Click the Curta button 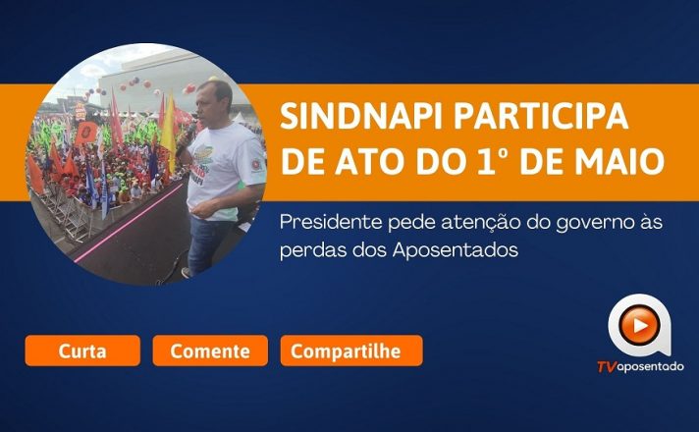(x=82, y=351)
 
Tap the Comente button (x=210, y=351)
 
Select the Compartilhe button (x=351, y=351)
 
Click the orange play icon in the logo (x=639, y=326)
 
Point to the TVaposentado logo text (x=640, y=367)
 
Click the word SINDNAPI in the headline (x=361, y=116)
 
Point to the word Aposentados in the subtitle (x=456, y=250)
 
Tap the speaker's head (x=214, y=102)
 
